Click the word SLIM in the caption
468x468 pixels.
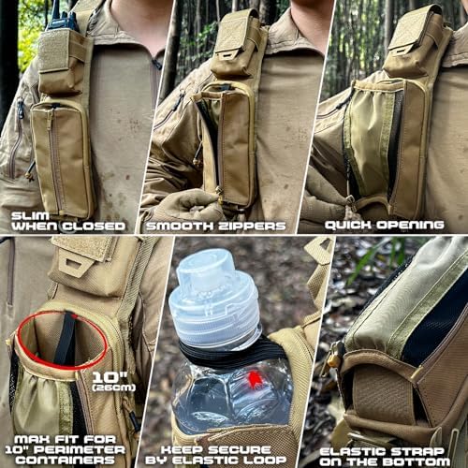pos(30,216)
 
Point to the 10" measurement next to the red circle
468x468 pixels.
pos(110,377)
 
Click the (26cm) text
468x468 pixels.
pos(114,388)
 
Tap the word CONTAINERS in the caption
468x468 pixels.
pos(66,460)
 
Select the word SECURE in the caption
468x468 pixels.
pos(240,449)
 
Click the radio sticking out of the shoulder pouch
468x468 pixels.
pos(61,16)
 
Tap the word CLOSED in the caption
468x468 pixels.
pos(94,227)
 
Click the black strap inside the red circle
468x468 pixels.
pos(66,339)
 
